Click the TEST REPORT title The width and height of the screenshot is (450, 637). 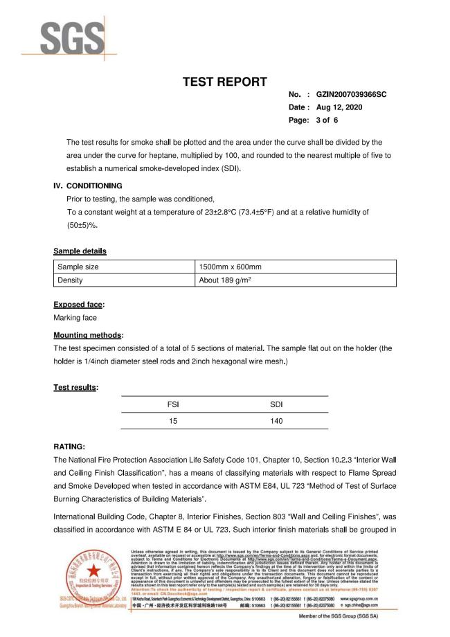click(x=225, y=82)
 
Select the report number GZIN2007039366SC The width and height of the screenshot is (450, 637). click(x=351, y=95)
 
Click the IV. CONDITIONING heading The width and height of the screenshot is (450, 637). click(x=88, y=186)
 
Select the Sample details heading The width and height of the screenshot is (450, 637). click(x=80, y=251)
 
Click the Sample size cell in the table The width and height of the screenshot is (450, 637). click(x=78, y=267)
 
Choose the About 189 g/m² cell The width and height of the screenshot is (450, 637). click(x=226, y=280)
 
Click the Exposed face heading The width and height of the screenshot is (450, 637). click(x=78, y=304)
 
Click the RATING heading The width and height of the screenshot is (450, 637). click(x=69, y=446)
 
